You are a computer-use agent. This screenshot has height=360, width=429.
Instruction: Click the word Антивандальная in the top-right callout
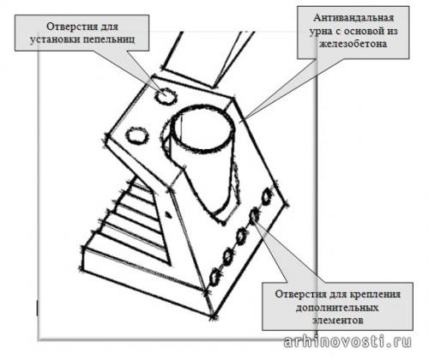pos(353,18)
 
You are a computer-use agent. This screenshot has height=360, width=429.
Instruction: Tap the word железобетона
pos(353,44)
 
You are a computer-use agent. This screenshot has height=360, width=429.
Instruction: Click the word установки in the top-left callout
pos(54,39)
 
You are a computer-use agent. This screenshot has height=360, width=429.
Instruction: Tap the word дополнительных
pos(337,308)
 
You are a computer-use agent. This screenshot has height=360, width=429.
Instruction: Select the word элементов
pos(337,321)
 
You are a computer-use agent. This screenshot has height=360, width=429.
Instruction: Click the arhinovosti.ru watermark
pos(347,341)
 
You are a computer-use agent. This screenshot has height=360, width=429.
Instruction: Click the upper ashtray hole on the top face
pos(166,95)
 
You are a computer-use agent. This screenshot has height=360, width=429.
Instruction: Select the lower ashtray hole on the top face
pos(137,135)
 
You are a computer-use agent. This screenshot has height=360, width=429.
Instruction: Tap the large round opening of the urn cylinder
pos(203,128)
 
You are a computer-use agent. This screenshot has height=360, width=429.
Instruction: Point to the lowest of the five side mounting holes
pos(214,277)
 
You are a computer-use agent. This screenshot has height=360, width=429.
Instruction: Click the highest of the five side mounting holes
pos(267,196)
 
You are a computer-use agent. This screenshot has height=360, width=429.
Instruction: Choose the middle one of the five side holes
pos(241,237)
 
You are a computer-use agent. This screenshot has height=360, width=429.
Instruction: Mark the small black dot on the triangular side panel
pos(169,214)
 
